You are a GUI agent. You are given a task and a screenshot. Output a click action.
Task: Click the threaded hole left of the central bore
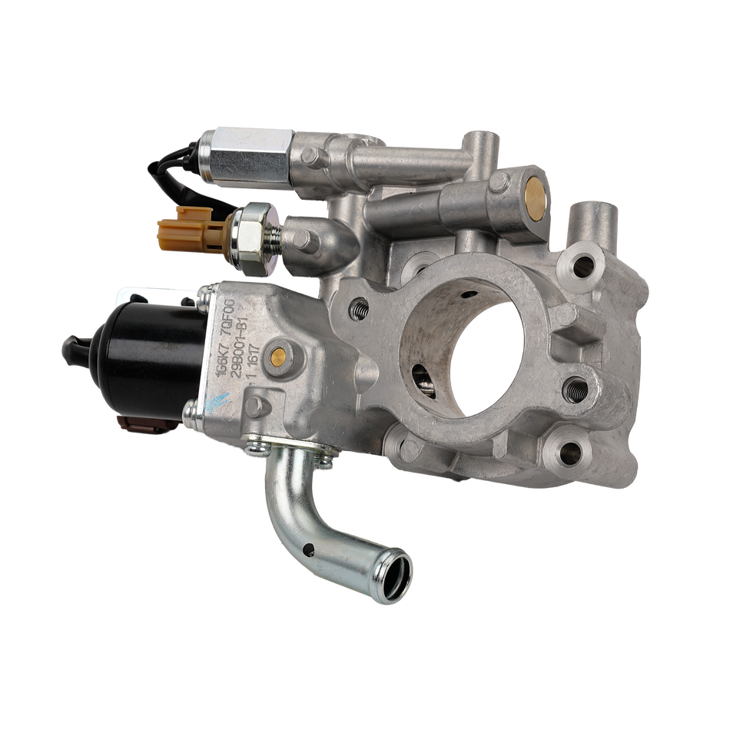(358, 310)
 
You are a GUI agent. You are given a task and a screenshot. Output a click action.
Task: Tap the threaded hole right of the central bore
(576, 390)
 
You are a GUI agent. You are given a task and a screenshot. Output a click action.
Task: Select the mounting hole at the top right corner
(583, 266)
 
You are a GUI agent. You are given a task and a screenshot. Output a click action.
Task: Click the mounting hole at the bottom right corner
(568, 453)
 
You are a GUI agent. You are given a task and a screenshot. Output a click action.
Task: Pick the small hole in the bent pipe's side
(307, 548)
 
